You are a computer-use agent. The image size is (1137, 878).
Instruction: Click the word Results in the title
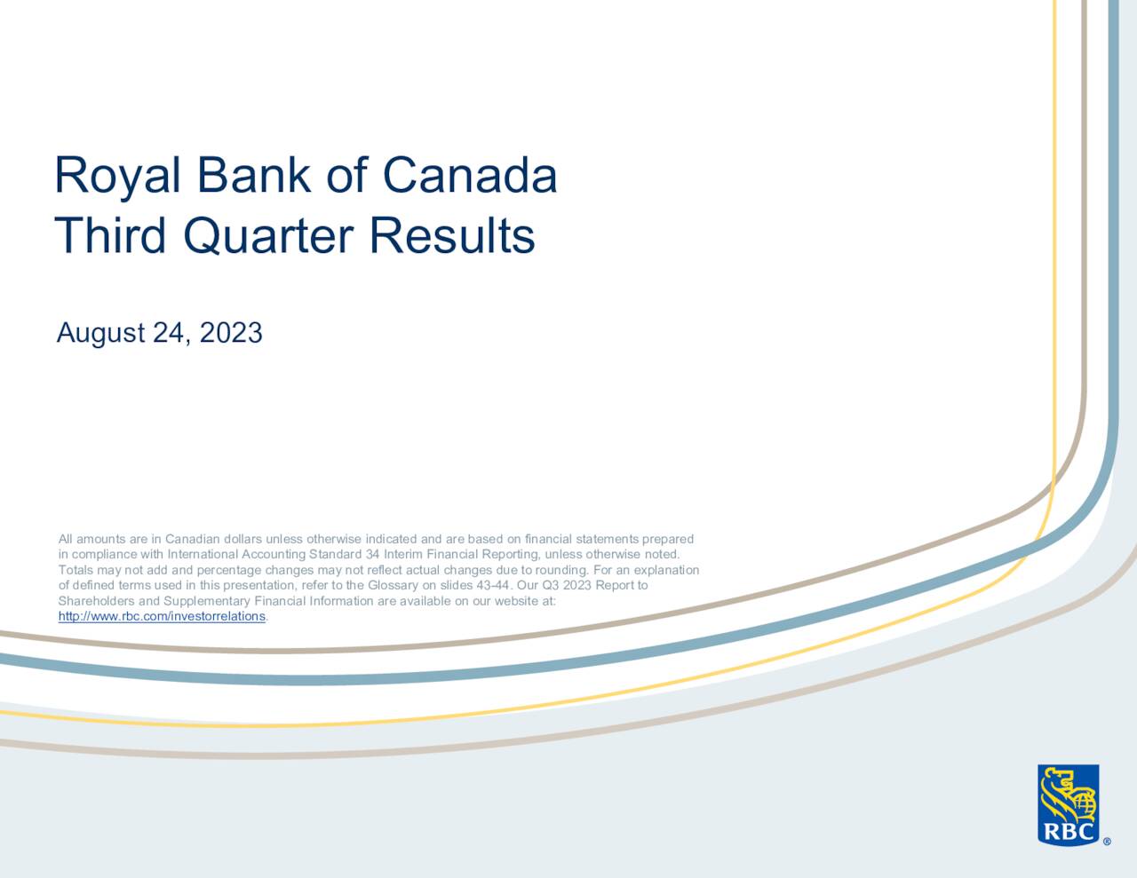[x=452, y=236]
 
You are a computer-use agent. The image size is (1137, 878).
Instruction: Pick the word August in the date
[x=100, y=333]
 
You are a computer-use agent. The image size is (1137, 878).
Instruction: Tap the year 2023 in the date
[x=230, y=333]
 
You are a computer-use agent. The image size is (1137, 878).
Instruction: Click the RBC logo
[x=1068, y=804]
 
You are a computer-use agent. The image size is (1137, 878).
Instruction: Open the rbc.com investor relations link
[x=162, y=616]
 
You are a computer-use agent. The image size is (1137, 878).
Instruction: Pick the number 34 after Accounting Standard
[x=373, y=555]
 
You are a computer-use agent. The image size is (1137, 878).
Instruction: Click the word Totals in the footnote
[x=75, y=570]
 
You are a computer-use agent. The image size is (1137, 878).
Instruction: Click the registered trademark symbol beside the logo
[x=1106, y=842]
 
